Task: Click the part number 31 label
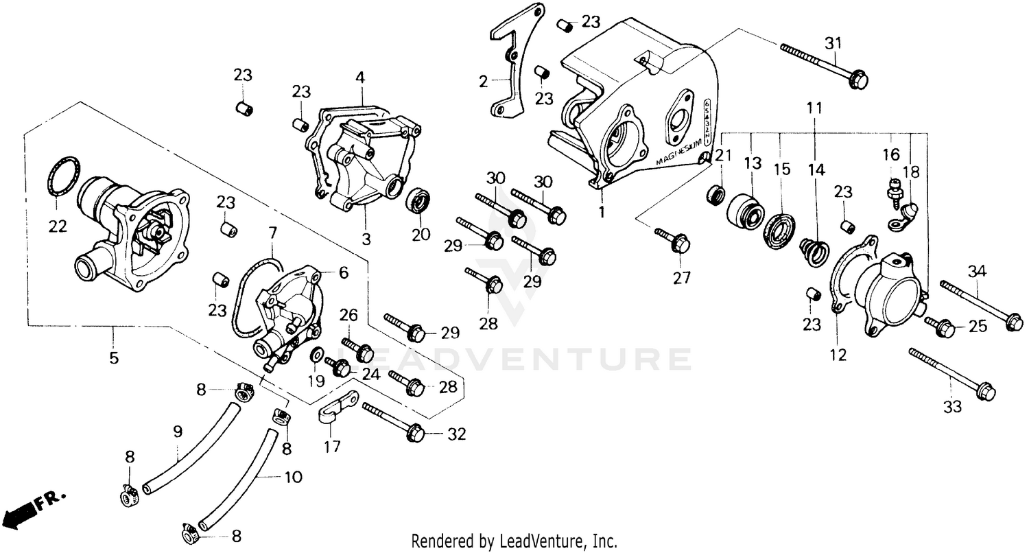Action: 833,43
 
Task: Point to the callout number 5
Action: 114,357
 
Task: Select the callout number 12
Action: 838,355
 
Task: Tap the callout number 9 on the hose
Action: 178,432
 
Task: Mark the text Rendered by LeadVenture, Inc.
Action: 514,541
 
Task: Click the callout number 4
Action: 359,77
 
